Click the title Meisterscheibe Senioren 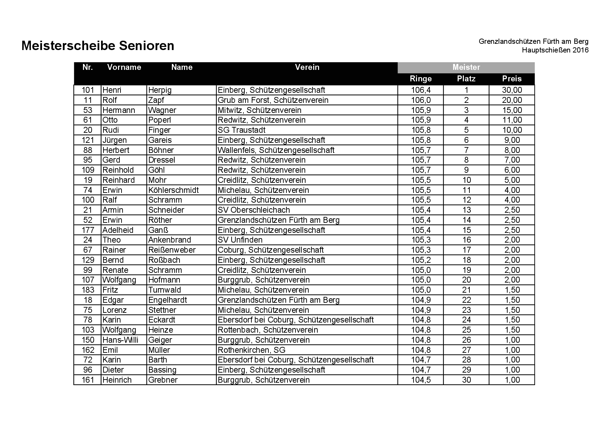98,46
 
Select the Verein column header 307,67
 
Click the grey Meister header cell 466,67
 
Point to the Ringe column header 420,79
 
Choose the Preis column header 511,79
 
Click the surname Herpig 160,90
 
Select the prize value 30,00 512,90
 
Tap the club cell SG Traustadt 241,130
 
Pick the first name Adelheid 118,230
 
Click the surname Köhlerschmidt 173,190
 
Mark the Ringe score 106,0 420,100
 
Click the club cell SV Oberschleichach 253,210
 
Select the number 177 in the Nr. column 88,230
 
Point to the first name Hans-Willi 120,340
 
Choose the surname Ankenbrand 169,240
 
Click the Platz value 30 466,380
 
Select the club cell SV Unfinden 240,240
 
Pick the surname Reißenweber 172,250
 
